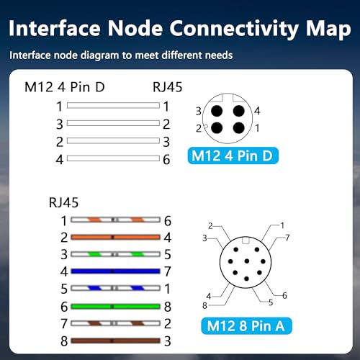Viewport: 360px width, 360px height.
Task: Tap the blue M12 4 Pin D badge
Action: pos(233,156)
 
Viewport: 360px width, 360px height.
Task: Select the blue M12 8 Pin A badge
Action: pos(246,326)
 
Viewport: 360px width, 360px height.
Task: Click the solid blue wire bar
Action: pos(115,271)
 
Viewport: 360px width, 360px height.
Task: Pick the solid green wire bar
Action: pos(115,306)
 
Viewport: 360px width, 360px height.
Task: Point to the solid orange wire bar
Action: pos(115,237)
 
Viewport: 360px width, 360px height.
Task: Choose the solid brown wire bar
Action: pos(115,341)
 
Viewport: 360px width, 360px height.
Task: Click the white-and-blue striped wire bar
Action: pos(115,288)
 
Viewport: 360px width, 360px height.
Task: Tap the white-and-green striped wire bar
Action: pos(115,254)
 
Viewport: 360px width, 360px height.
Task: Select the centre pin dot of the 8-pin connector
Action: pos(247,261)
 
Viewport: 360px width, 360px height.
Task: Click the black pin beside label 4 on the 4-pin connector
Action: pos(239,111)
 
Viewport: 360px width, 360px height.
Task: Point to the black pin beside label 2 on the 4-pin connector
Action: pos(217,128)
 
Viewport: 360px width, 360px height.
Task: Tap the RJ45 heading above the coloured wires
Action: pos(63,202)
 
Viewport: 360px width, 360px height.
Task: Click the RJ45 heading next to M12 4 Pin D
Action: pos(168,87)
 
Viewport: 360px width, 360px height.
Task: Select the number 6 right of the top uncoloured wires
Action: pos(166,160)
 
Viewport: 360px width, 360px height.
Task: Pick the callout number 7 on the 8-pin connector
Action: pos(287,238)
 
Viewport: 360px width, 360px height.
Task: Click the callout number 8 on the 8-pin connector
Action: pos(204,306)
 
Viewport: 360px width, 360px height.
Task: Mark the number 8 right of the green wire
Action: pos(168,307)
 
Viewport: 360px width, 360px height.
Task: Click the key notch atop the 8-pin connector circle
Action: pos(246,240)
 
